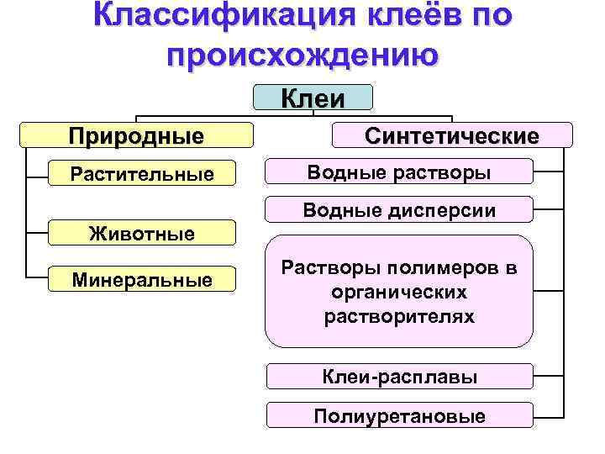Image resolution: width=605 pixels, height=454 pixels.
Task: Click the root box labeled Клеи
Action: [x=313, y=98]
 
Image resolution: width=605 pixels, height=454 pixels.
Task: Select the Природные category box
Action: [x=136, y=135]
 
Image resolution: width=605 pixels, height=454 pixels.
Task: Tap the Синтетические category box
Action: [x=452, y=135]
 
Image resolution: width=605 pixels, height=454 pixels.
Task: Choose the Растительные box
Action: [x=142, y=175]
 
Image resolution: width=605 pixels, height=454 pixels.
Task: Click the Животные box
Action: [x=142, y=233]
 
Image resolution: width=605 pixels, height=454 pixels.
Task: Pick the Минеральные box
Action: [x=142, y=279]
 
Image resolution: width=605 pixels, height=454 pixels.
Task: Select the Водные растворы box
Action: [x=399, y=172]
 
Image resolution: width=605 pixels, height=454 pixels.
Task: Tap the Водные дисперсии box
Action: [x=399, y=209]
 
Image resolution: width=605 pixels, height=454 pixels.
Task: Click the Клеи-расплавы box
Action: [x=399, y=377]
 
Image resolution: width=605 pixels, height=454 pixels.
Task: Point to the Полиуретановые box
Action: [x=399, y=415]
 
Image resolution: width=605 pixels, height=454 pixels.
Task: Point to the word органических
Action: [x=399, y=293]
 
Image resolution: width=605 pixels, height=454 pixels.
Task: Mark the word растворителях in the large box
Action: [x=399, y=317]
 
